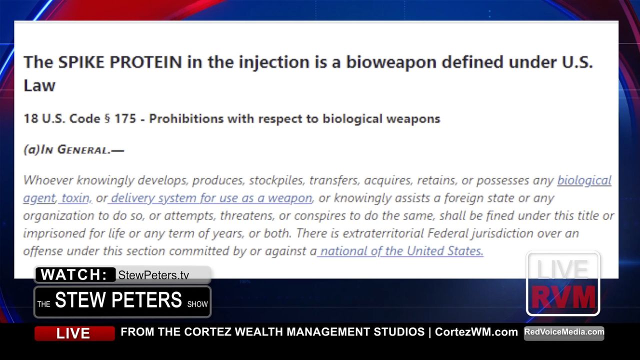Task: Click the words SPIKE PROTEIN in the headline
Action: tap(120, 62)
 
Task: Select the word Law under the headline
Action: tap(39, 85)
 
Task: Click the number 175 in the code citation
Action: tap(125, 118)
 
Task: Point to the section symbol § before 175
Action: tap(107, 119)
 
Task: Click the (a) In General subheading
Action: tap(73, 149)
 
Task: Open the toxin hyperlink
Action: tap(75, 198)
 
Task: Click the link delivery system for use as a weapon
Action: tap(210, 198)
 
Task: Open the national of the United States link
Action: tap(400, 251)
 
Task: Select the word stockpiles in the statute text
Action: tap(275, 180)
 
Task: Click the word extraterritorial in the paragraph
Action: tap(383, 233)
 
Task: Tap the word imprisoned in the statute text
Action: tap(54, 233)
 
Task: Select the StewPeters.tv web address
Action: tap(153, 275)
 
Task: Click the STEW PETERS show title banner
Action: tap(122, 301)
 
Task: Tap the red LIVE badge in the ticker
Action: tap(74, 333)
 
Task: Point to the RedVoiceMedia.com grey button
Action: tap(564, 333)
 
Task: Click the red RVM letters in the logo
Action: tap(563, 297)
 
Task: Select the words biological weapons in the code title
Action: tap(381, 119)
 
